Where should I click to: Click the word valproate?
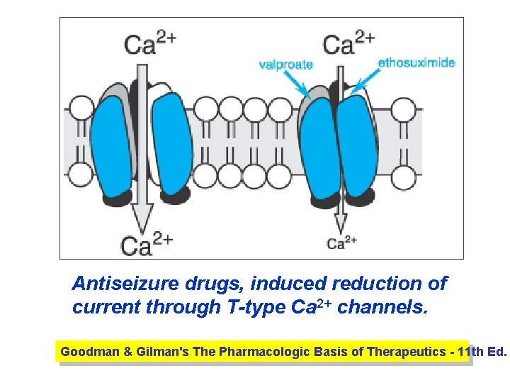(x=285, y=65)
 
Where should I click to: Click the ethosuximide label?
(x=416, y=62)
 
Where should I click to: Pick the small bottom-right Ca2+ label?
(x=343, y=243)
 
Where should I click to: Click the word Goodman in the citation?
(x=84, y=351)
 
